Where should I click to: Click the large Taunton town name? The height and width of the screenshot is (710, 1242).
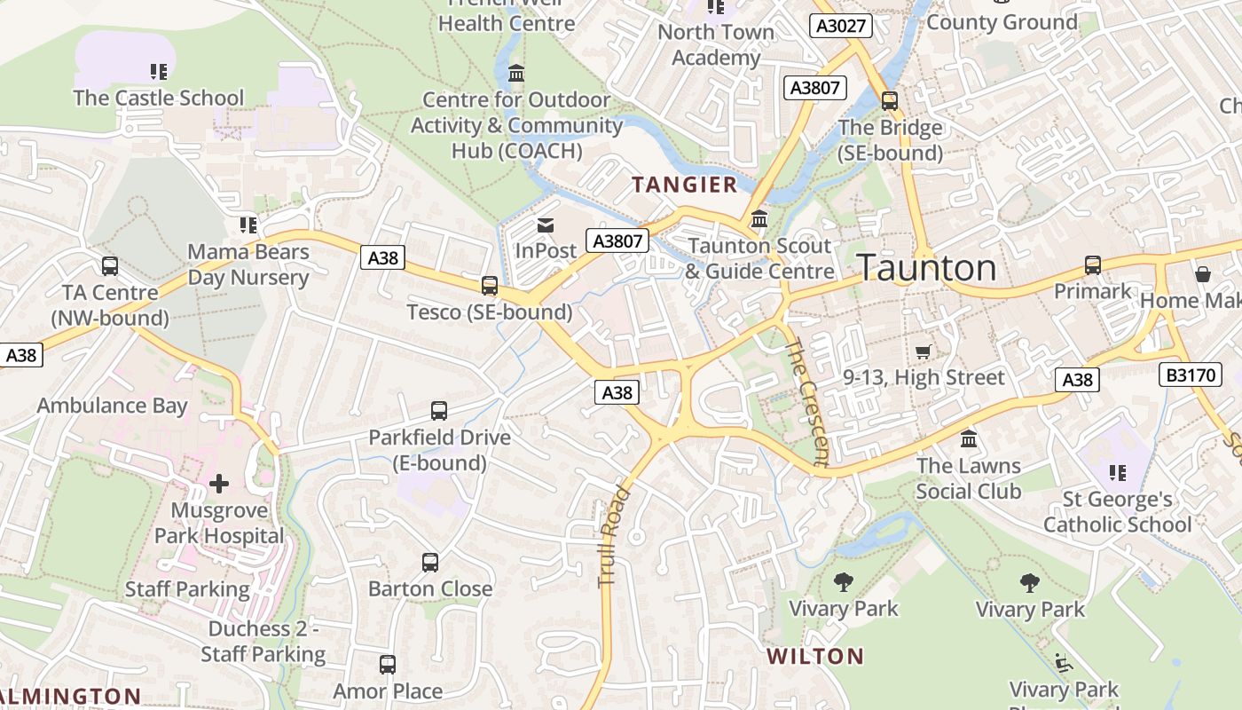click(x=928, y=267)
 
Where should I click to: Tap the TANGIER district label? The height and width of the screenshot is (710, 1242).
click(x=684, y=185)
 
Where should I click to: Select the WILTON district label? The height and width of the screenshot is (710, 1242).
click(x=814, y=657)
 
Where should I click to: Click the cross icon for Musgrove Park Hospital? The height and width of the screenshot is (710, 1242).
click(x=219, y=484)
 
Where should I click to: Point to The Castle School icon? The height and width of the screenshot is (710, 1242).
click(x=159, y=72)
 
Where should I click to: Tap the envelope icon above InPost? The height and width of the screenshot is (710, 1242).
click(x=545, y=225)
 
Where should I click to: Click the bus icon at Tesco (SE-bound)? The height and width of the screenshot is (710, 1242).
click(x=489, y=286)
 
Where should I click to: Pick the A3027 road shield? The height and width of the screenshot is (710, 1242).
click(x=840, y=26)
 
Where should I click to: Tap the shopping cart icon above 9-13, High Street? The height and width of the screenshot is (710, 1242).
click(x=923, y=352)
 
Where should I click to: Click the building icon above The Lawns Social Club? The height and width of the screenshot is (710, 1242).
click(x=969, y=438)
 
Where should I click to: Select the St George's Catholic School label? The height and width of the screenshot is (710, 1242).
click(x=1117, y=512)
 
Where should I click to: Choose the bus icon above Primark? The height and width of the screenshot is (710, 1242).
click(x=1093, y=265)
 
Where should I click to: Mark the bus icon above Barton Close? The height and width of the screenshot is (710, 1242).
click(x=430, y=563)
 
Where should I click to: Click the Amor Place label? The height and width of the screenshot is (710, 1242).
click(x=388, y=691)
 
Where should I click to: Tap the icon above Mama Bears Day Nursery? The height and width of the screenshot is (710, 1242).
click(x=248, y=225)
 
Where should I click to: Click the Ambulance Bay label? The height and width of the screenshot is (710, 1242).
click(x=112, y=406)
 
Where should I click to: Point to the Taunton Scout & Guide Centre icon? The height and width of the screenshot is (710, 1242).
click(x=759, y=219)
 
